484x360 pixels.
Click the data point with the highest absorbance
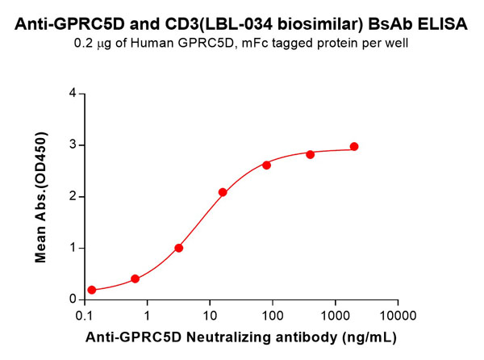tap(354, 147)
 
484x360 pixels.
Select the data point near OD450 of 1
tap(179, 248)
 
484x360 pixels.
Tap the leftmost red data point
tap(92, 290)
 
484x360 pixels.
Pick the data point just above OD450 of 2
tap(223, 192)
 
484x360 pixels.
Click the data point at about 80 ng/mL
tap(267, 165)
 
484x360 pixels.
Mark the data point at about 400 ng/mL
tap(311, 154)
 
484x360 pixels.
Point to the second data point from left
tap(135, 279)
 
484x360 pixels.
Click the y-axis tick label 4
tap(73, 94)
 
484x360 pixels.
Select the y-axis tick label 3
tap(73, 145)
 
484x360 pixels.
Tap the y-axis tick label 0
tap(73, 299)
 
